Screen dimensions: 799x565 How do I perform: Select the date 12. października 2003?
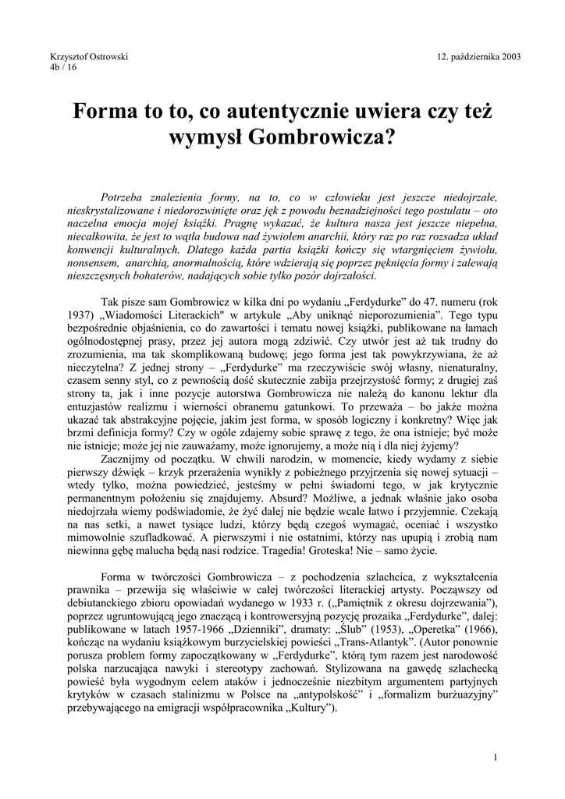coord(479,56)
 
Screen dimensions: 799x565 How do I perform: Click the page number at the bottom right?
coord(496,758)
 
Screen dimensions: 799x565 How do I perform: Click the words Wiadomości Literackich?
coord(146,314)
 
